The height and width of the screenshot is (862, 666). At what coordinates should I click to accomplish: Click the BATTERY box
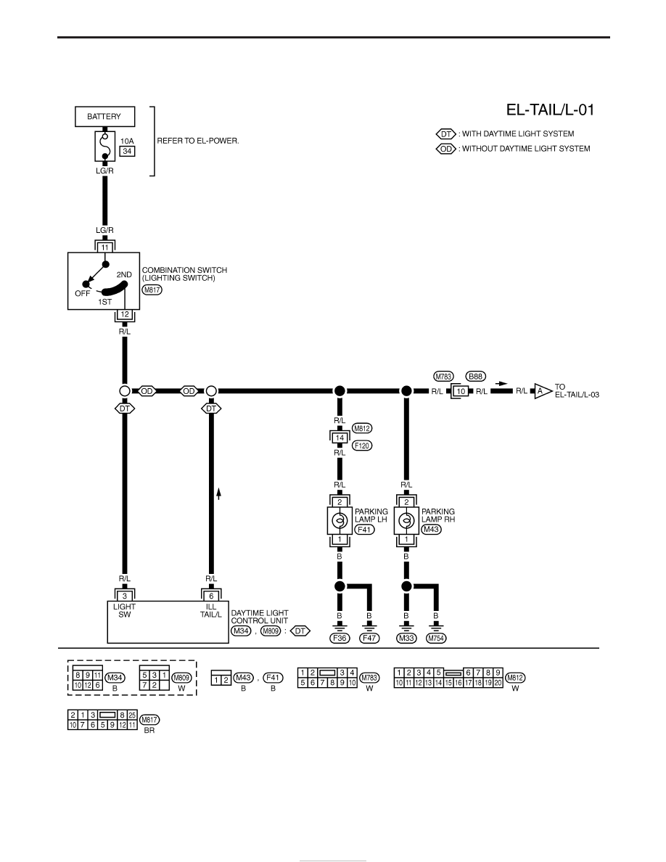point(104,117)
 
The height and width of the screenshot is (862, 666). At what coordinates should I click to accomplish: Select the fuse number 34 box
point(128,151)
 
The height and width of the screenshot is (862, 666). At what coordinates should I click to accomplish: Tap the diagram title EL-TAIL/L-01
point(550,110)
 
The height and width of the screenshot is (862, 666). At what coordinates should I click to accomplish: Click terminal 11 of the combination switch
point(104,247)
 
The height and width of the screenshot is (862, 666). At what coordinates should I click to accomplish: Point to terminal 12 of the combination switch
point(125,315)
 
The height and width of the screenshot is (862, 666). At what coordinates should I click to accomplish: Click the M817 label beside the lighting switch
point(152,290)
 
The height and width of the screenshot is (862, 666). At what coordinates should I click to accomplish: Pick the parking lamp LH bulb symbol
point(340,520)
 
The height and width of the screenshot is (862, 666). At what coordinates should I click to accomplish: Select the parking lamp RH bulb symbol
point(406,520)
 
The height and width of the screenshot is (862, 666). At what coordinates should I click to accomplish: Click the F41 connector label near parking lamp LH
point(364,530)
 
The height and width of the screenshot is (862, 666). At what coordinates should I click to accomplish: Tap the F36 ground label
point(340,639)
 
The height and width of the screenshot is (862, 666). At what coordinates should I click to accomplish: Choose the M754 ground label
point(436,639)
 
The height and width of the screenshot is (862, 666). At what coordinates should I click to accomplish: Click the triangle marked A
point(542,391)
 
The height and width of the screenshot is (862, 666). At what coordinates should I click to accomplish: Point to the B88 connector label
point(475,377)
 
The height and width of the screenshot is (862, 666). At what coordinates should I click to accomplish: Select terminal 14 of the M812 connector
point(340,438)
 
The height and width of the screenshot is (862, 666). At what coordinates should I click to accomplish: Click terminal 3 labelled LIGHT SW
point(125,596)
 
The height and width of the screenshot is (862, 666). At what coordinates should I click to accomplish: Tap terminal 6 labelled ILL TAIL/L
point(211,596)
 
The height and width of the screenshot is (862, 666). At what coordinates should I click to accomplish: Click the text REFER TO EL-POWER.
point(198,141)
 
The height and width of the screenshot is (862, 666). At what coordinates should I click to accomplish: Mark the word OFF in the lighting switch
point(83,294)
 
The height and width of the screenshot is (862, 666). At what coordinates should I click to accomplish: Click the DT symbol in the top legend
point(445,134)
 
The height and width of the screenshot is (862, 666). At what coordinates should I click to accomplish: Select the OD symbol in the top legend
point(445,149)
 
